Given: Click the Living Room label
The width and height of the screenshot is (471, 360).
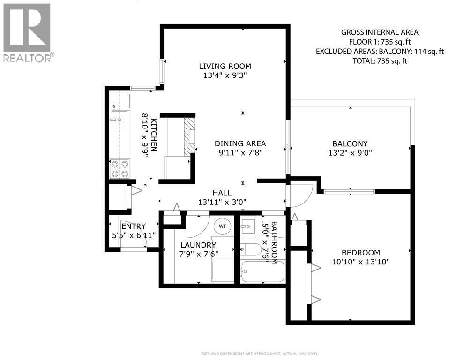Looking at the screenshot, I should pyautogui.click(x=224, y=66).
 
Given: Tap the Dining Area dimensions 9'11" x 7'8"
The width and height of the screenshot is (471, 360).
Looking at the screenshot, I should pyautogui.click(x=240, y=152).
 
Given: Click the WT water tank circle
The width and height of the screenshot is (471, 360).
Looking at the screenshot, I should pyautogui.click(x=223, y=226).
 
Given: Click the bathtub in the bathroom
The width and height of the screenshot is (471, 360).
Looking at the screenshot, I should pyautogui.click(x=262, y=272).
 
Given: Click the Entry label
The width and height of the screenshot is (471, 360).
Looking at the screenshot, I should pyautogui.click(x=134, y=226).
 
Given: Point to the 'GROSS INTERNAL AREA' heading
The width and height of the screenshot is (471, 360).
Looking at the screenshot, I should pyautogui.click(x=380, y=32).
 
